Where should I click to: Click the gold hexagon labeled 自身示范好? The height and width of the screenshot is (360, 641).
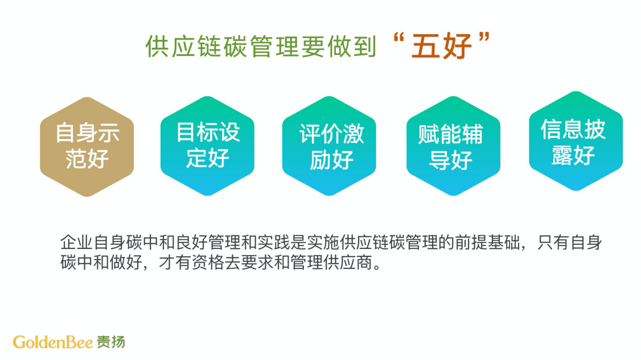click(x=87, y=146)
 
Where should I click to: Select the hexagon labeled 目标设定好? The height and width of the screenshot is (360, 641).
click(x=207, y=146)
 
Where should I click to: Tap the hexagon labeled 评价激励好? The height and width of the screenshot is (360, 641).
click(x=329, y=146)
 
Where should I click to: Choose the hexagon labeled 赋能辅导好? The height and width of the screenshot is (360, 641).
click(x=453, y=146)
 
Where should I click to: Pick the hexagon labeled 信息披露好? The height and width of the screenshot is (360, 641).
click(x=576, y=141)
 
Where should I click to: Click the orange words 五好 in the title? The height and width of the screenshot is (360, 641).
click(x=442, y=46)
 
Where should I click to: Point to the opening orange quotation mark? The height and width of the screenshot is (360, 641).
click(x=398, y=38)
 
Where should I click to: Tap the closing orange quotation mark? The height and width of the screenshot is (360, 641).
click(x=484, y=38)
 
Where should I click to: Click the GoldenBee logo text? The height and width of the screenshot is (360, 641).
click(x=53, y=342)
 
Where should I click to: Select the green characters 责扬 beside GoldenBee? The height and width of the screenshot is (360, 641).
click(x=111, y=342)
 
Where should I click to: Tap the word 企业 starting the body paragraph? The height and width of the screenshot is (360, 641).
click(x=76, y=243)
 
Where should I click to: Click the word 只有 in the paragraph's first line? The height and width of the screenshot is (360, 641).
click(x=553, y=243)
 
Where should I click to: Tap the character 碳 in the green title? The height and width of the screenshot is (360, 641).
click(x=236, y=46)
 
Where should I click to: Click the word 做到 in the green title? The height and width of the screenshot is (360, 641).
click(x=352, y=46)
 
